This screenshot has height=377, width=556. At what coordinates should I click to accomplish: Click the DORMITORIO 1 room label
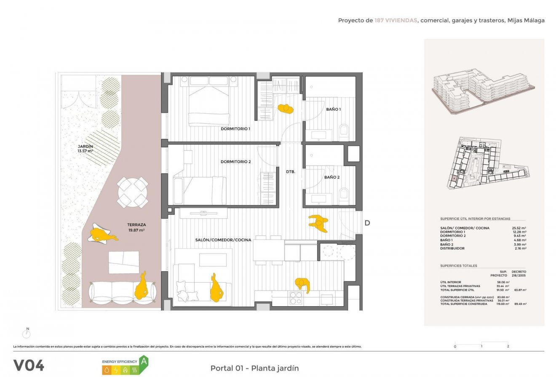pyautogui.click(x=235, y=129)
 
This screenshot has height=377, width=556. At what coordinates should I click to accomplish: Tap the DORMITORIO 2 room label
pyautogui.click(x=235, y=162)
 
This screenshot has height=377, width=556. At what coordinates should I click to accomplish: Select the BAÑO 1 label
pyautogui.click(x=333, y=110)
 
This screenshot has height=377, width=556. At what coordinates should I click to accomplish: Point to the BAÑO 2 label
pyautogui.click(x=331, y=177)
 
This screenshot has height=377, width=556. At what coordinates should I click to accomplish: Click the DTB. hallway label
pyautogui.click(x=290, y=172)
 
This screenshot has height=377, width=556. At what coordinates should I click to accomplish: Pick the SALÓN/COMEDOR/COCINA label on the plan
pyautogui.click(x=223, y=240)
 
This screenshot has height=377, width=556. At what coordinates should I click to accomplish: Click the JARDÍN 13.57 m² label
pyautogui.click(x=85, y=149)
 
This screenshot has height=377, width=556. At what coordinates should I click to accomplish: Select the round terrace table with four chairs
pyautogui.click(x=133, y=193)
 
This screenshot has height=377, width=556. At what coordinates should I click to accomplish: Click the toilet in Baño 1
pyautogui.click(x=343, y=131)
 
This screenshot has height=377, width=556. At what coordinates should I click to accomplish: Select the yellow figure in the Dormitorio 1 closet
pyautogui.click(x=286, y=109)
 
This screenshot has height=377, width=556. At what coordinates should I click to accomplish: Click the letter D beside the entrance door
pyautogui.click(x=367, y=223)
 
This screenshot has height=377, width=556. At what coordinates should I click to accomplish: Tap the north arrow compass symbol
pyautogui.click(x=27, y=334)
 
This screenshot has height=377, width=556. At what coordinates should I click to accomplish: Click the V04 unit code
pyautogui.click(x=29, y=365)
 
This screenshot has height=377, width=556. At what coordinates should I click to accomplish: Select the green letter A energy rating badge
pyautogui.click(x=144, y=361)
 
